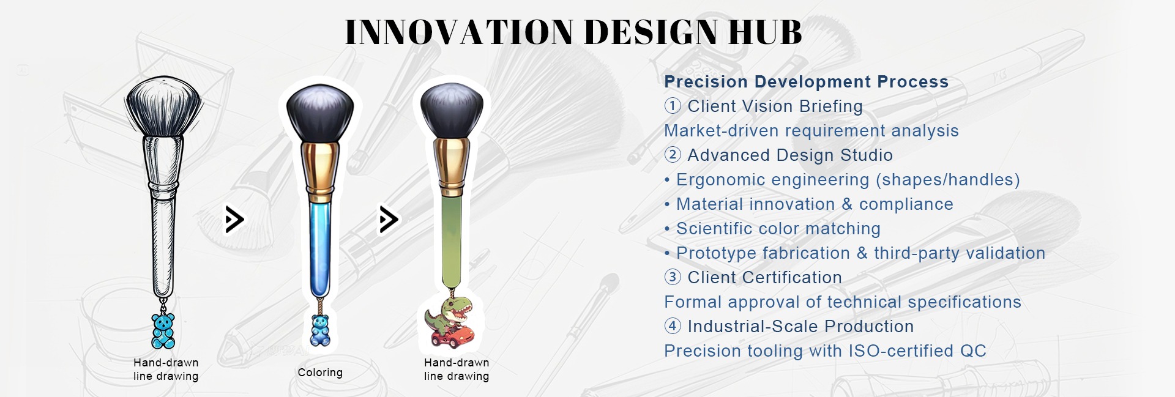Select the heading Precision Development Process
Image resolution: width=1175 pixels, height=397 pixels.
point(806,82)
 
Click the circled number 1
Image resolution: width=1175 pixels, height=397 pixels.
point(673,106)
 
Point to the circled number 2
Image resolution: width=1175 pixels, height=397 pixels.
point(673,155)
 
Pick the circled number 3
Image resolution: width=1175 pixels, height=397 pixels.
point(673,277)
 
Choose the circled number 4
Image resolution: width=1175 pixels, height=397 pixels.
point(673,326)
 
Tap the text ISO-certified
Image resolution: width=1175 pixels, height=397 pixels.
point(901,351)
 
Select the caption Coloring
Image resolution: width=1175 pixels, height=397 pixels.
point(320,373)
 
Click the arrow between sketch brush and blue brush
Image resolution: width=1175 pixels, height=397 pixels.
point(234,220)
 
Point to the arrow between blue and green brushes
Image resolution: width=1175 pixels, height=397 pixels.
point(389,220)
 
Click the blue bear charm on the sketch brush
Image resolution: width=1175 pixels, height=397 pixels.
point(163,331)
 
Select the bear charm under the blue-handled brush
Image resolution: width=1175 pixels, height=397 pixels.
point(320,330)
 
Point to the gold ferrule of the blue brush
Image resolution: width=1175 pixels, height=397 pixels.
point(320,172)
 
